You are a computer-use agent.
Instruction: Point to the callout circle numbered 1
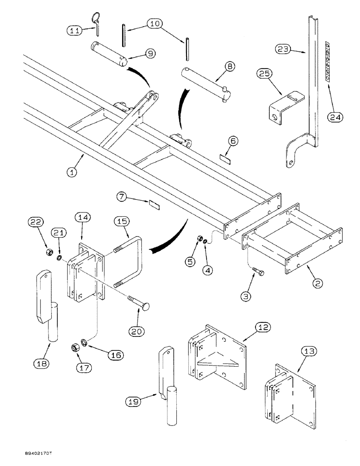[71, 172]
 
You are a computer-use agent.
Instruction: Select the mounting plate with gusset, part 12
[217, 354]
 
